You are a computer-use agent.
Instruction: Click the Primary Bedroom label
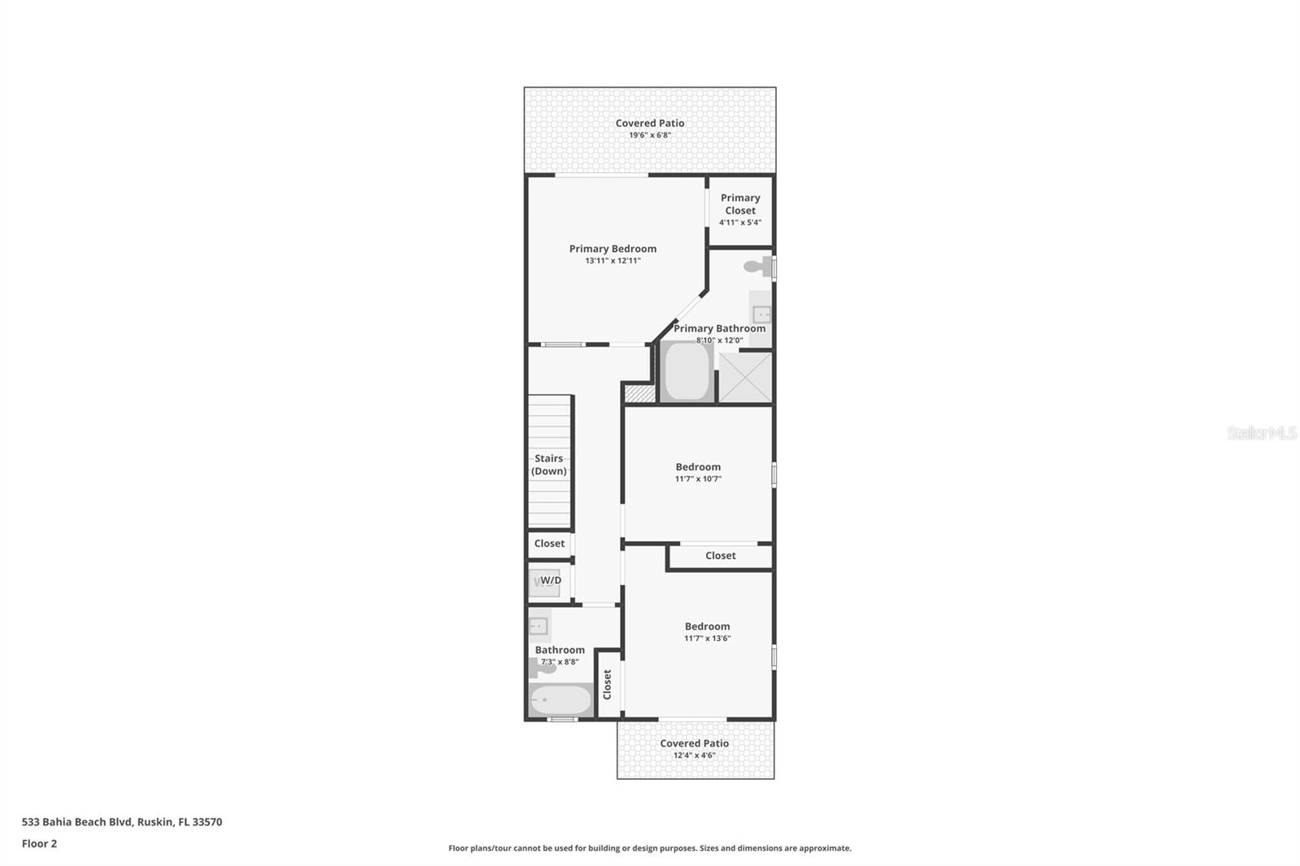pyautogui.click(x=613, y=249)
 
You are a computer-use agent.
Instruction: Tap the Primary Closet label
pyautogui.click(x=740, y=204)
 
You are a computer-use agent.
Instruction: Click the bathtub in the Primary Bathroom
pyautogui.click(x=687, y=372)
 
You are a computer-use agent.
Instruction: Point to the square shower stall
pyautogui.click(x=745, y=377)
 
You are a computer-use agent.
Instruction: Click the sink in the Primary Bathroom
pyautogui.click(x=761, y=314)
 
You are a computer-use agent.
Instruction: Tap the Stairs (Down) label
pyautogui.click(x=549, y=465)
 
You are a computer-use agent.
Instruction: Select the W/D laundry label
pyautogui.click(x=550, y=580)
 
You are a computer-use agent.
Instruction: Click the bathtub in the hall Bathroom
pyautogui.click(x=561, y=699)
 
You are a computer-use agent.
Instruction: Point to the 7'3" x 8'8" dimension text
pyautogui.click(x=560, y=662)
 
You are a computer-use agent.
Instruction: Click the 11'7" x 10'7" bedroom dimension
pyautogui.click(x=698, y=479)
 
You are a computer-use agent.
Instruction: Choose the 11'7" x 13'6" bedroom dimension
pyautogui.click(x=707, y=639)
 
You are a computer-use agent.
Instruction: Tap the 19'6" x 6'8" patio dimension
pyautogui.click(x=650, y=136)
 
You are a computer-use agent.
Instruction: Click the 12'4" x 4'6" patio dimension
pyautogui.click(x=695, y=756)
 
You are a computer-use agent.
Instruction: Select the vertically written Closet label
pyautogui.click(x=607, y=684)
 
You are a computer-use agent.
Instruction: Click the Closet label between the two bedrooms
pyautogui.click(x=721, y=556)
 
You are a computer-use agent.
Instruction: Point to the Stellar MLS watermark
pyautogui.click(x=1261, y=433)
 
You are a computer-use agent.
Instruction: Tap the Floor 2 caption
pyautogui.click(x=39, y=843)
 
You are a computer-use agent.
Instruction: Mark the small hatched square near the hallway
pyautogui.click(x=639, y=393)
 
